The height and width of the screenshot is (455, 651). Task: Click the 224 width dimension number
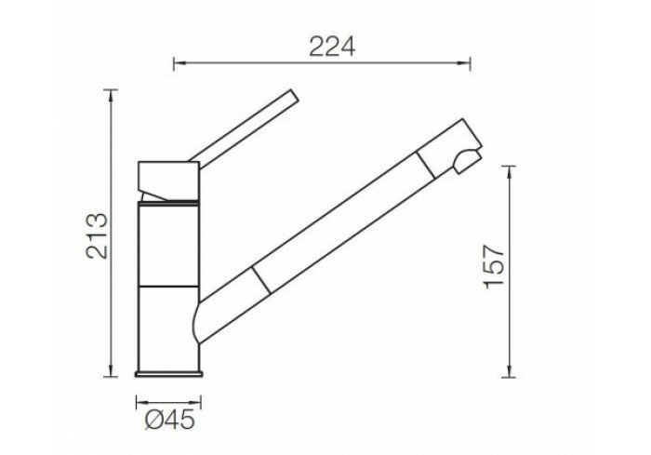pos(332,47)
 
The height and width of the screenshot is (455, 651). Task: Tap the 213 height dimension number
pos(97,236)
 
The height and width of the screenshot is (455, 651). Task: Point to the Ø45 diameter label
pos(170,420)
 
